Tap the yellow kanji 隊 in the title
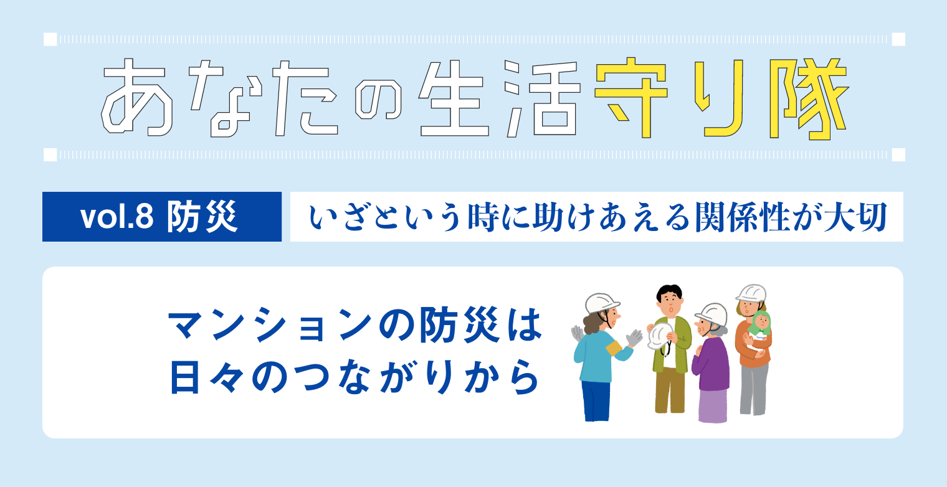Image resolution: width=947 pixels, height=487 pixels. pos(808,99)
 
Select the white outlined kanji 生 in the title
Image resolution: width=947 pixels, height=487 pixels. pos(453,99)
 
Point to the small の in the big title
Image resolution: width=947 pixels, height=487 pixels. pos(378,99)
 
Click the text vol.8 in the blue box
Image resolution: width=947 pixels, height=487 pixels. pos(117,217)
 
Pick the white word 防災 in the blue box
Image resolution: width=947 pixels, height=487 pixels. pos(202,217)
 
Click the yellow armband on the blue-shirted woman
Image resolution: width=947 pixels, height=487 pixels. pos(614,348)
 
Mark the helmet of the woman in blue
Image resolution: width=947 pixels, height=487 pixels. pos(601,303)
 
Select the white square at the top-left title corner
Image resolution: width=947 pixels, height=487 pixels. pos(50,39)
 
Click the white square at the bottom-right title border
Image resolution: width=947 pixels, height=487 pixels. pos(898,154)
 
